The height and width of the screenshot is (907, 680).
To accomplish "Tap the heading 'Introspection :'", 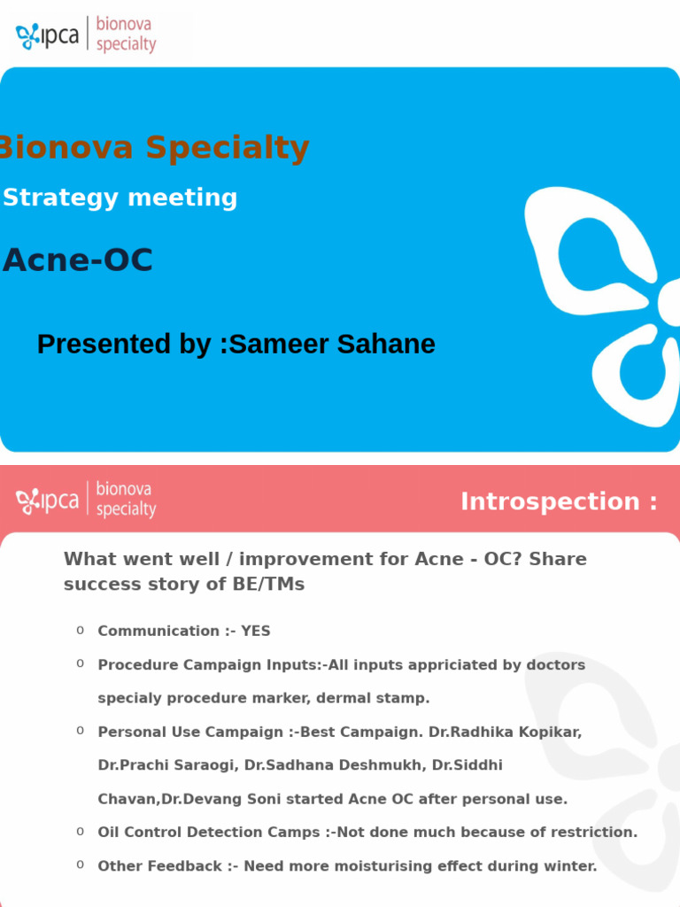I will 559,501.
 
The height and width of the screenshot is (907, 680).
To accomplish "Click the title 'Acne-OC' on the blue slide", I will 78,260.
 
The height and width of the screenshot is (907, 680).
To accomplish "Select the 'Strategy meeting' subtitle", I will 120,198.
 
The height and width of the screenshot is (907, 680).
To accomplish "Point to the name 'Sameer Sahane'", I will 332,344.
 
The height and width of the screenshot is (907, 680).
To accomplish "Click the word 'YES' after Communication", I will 256,632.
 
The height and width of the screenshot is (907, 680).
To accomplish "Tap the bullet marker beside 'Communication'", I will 80,630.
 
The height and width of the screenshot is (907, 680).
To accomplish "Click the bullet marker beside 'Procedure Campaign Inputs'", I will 80,663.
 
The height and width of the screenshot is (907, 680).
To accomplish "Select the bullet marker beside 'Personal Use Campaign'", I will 80,731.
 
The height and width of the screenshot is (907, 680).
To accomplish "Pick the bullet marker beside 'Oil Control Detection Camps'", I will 80,831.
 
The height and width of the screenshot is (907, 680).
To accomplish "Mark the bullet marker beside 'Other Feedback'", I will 80,864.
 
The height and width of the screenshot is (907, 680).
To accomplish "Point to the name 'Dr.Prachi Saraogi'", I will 166,765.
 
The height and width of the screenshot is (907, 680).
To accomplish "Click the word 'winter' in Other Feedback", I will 570,866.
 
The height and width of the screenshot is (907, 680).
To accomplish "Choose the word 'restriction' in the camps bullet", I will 591,833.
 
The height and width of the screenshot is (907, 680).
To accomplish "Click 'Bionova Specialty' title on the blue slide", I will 152,148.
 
